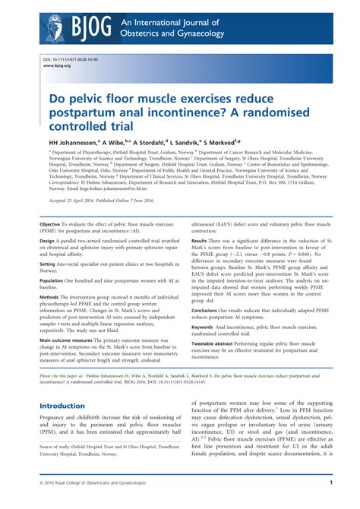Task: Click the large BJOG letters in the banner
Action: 90,28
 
